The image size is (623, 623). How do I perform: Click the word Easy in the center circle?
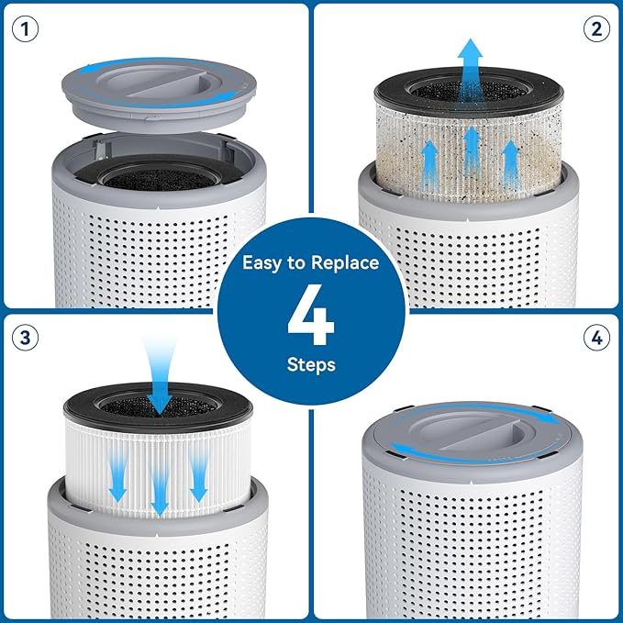tap(262, 262)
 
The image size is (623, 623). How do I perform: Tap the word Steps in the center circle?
tap(311, 365)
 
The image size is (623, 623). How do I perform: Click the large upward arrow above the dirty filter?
tap(471, 64)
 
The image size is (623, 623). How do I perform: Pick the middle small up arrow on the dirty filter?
tap(471, 147)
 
